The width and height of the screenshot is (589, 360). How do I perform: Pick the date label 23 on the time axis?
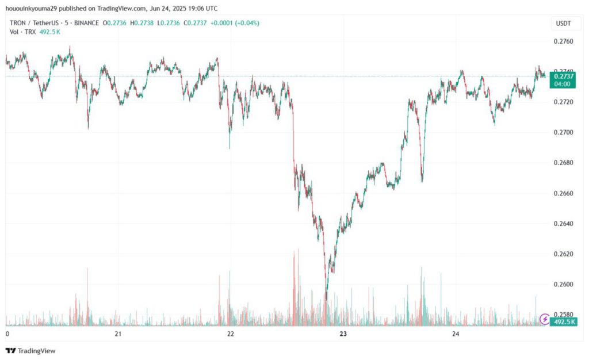[x=343, y=334]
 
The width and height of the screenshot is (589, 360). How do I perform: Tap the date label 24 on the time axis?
[x=456, y=334]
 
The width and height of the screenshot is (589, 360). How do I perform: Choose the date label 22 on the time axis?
[x=231, y=334]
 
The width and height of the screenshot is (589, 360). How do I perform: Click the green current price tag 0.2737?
[x=562, y=76]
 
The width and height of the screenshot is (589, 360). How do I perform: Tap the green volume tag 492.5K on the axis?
[x=564, y=322]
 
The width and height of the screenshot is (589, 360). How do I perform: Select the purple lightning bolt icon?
[x=544, y=319]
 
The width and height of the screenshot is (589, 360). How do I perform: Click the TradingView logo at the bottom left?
[x=30, y=350]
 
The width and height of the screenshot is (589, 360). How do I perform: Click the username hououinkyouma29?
[x=32, y=9]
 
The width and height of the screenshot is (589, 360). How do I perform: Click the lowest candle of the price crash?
[x=326, y=298]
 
